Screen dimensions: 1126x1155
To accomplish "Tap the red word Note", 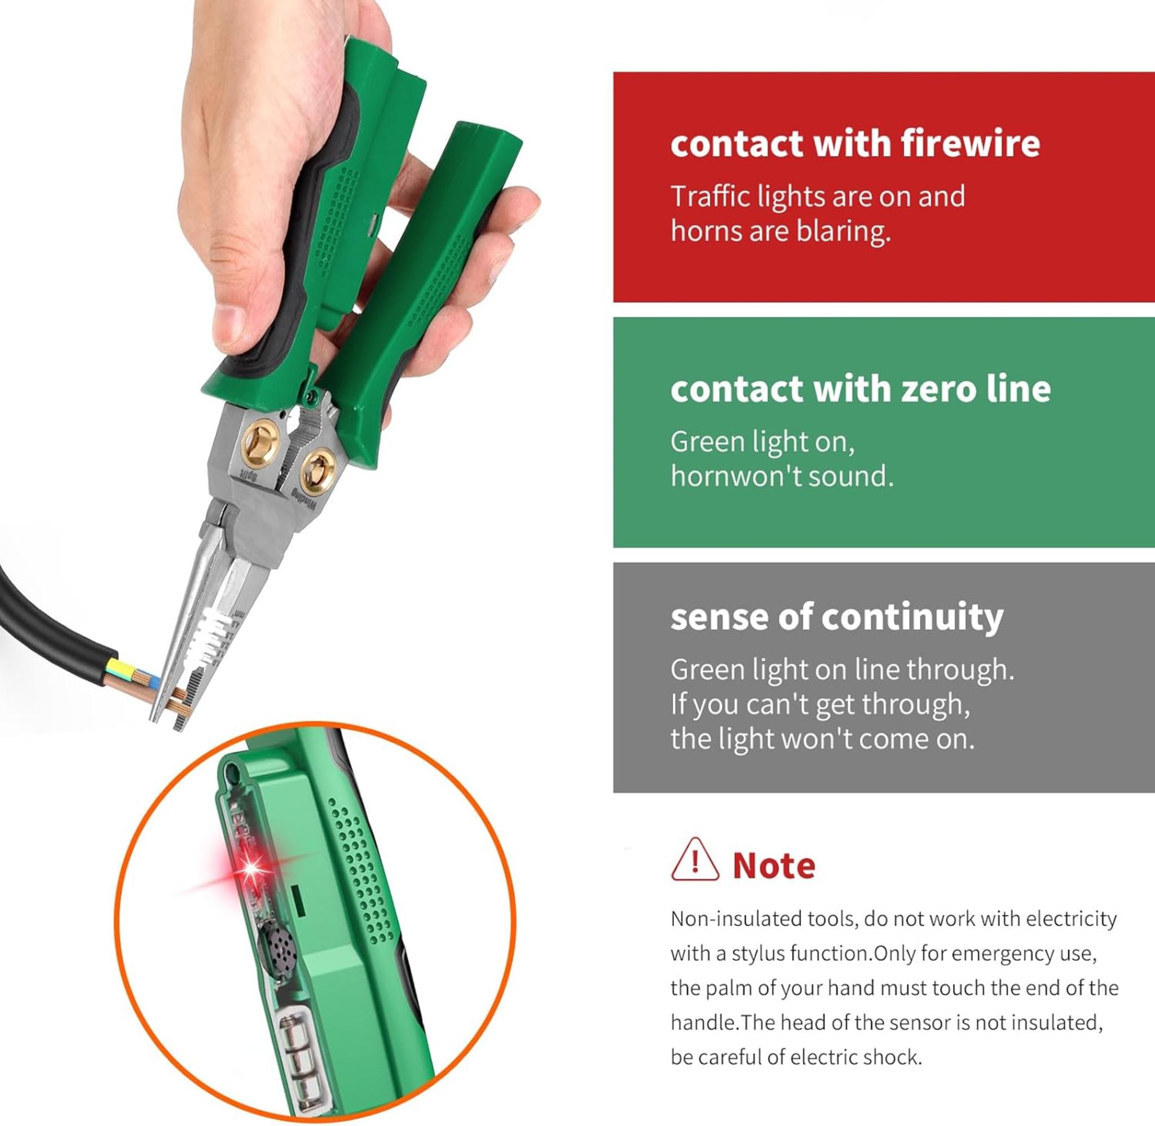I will click(x=774, y=866).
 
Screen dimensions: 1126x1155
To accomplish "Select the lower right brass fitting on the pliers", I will click(x=318, y=470).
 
